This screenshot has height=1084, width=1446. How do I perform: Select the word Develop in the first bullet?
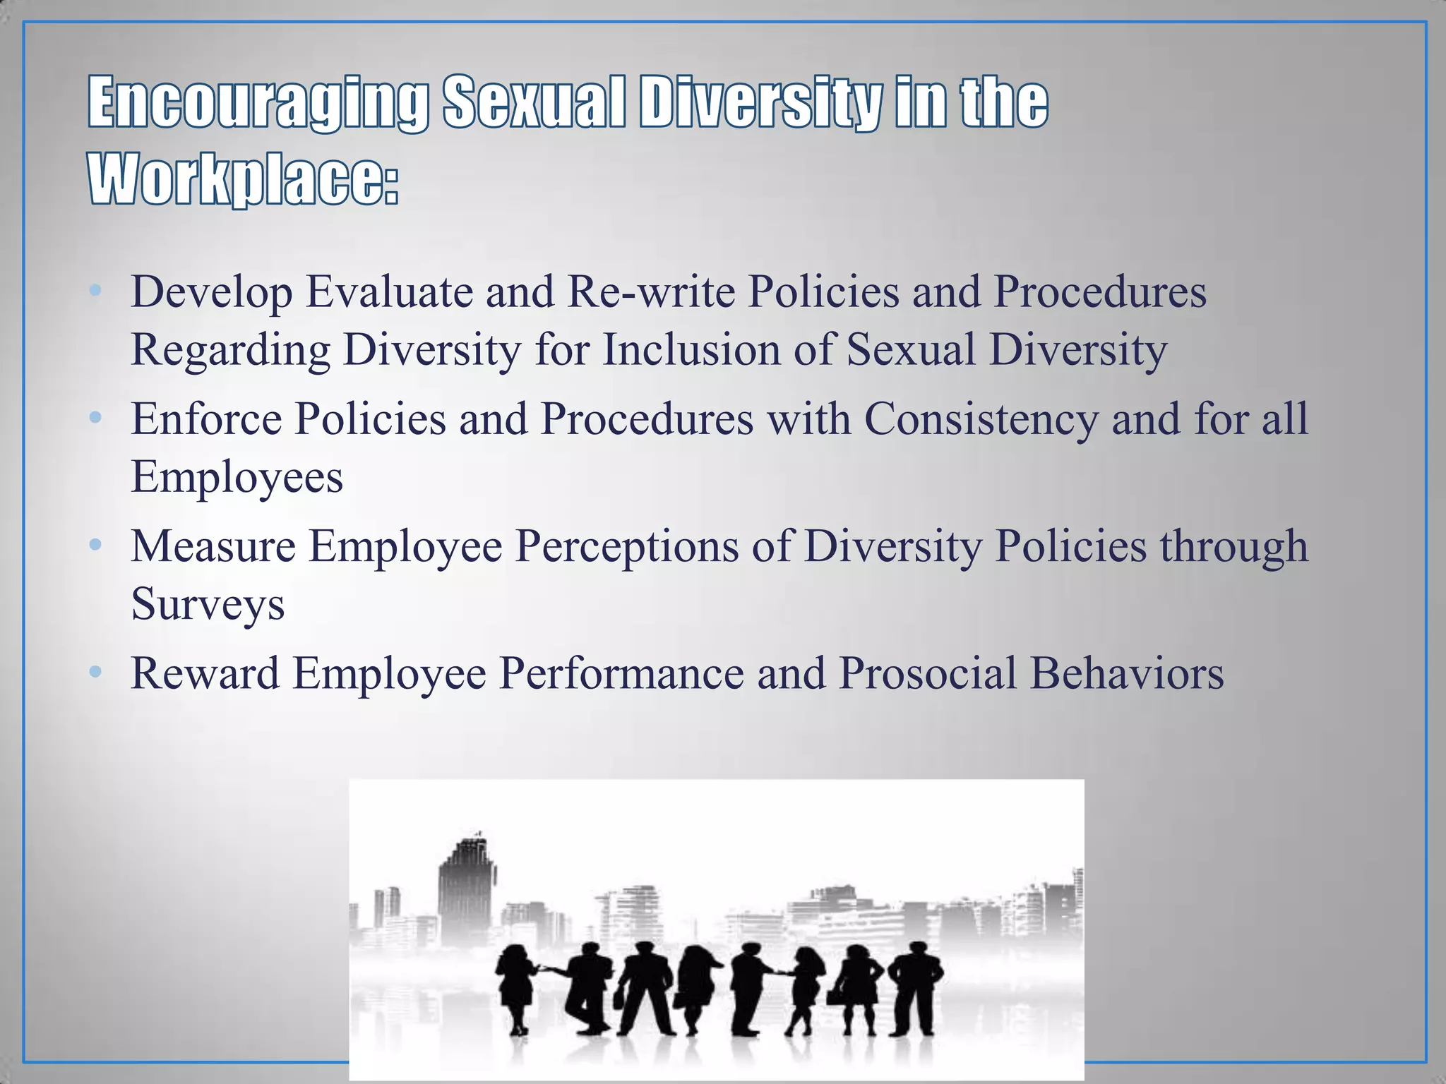[211, 292]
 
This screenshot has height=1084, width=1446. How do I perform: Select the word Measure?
[213, 546]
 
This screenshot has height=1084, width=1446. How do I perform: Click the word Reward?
[205, 673]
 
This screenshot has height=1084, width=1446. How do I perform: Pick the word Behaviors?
[1127, 673]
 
